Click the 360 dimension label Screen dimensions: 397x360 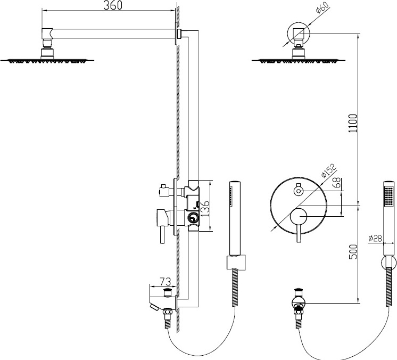click(113, 5)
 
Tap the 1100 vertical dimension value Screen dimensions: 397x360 click(353, 124)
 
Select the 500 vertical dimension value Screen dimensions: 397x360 click(353, 251)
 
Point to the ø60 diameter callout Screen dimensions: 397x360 click(322, 7)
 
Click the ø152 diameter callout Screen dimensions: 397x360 click(329, 171)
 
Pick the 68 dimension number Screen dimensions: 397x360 click(337, 183)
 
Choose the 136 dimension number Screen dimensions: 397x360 click(205, 208)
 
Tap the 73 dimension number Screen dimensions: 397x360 click(166, 281)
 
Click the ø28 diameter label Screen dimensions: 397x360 click(376, 239)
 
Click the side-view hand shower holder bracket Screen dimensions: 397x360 click(236, 263)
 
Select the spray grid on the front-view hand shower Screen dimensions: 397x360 click(388, 197)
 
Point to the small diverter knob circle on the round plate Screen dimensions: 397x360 click(299, 191)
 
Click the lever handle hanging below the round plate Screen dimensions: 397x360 click(299, 233)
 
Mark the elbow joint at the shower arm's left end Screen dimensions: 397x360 click(47, 33)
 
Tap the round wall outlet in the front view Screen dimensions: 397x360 click(299, 302)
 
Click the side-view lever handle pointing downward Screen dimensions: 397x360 click(162, 235)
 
